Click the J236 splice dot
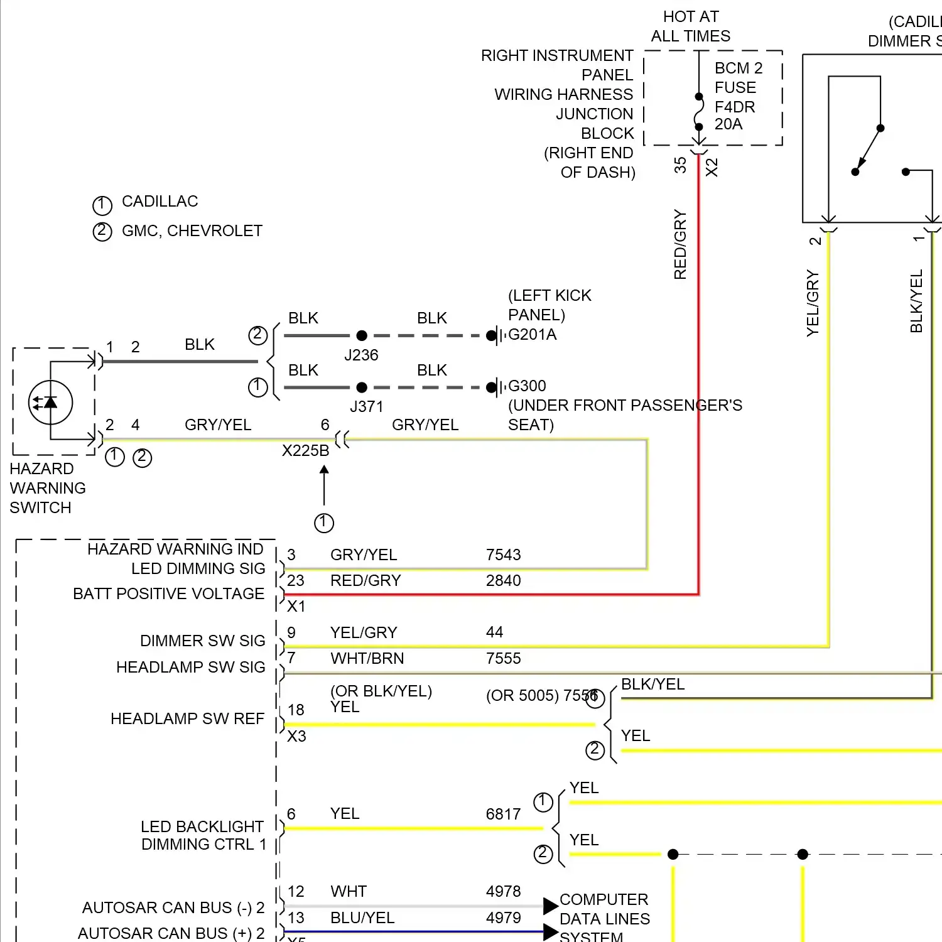[362, 335]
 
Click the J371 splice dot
[362, 387]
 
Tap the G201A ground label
[532, 335]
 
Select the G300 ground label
[527, 386]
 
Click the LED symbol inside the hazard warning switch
[50, 403]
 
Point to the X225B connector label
[305, 451]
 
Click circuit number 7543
[503, 555]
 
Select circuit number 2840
[503, 581]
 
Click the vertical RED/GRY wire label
[680, 245]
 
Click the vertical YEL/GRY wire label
[813, 303]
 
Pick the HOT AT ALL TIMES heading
[691, 26]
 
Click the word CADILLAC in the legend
[160, 202]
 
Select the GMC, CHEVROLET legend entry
[192, 231]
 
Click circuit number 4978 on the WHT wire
[503, 892]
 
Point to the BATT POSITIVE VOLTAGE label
[168, 594]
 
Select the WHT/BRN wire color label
[367, 659]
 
